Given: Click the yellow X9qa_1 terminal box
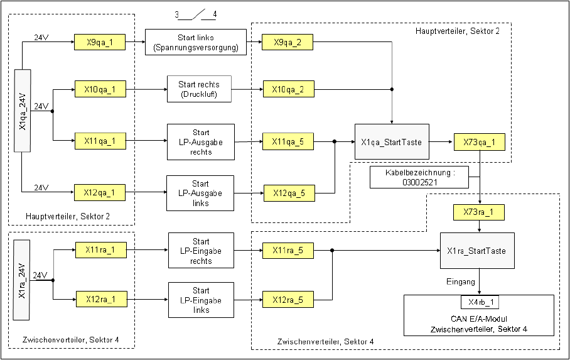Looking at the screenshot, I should point(100,43).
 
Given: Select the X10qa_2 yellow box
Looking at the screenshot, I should point(288,89).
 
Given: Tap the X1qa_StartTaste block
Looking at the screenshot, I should point(392,142).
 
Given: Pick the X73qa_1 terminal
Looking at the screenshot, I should point(479,142).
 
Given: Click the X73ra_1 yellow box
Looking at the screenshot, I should point(478,212).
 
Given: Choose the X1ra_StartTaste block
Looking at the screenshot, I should point(477,251).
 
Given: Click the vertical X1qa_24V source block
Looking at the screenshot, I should point(23,111).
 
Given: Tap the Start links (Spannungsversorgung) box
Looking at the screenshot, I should point(195,42).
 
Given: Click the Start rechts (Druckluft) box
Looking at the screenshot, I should point(199,89).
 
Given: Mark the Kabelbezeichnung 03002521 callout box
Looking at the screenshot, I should point(419,177).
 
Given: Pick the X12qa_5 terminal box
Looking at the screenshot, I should point(288,193).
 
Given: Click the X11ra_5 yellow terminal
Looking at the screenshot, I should point(288,251).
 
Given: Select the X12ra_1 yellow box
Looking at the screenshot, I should point(101,298).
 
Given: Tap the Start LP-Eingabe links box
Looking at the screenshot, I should point(201,300).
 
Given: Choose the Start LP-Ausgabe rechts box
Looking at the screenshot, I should point(201,142).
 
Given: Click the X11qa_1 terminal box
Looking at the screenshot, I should point(100,140).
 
